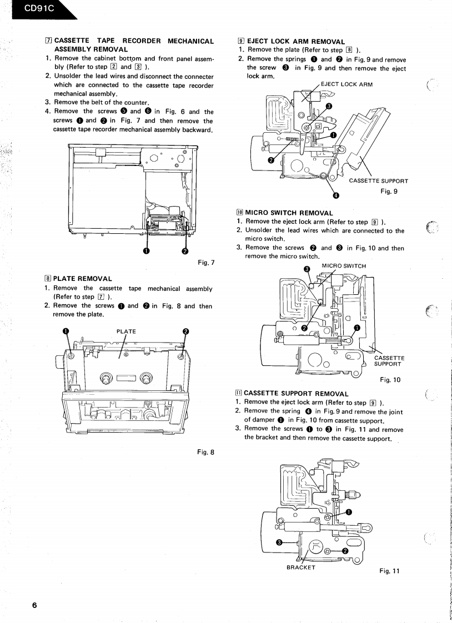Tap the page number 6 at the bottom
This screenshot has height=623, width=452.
(34, 605)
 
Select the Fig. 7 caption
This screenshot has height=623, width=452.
(206, 262)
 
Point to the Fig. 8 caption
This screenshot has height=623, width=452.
(205, 451)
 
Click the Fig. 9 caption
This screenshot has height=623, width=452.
(389, 192)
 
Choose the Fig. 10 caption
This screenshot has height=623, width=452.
(390, 380)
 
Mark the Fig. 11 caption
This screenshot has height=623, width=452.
(390, 570)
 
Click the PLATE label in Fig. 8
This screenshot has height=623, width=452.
(126, 331)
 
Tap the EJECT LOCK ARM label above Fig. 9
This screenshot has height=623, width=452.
(346, 84)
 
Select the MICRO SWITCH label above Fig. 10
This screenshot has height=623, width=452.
(344, 265)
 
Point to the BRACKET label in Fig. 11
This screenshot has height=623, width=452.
(300, 567)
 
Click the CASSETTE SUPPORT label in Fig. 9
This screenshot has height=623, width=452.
(378, 181)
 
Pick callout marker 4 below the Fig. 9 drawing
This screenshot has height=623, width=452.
(335, 195)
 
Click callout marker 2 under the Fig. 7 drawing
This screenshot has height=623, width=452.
(184, 251)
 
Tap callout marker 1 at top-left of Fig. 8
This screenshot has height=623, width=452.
(66, 331)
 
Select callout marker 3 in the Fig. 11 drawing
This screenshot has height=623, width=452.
(279, 542)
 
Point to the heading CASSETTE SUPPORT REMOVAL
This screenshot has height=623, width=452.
(296, 393)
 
